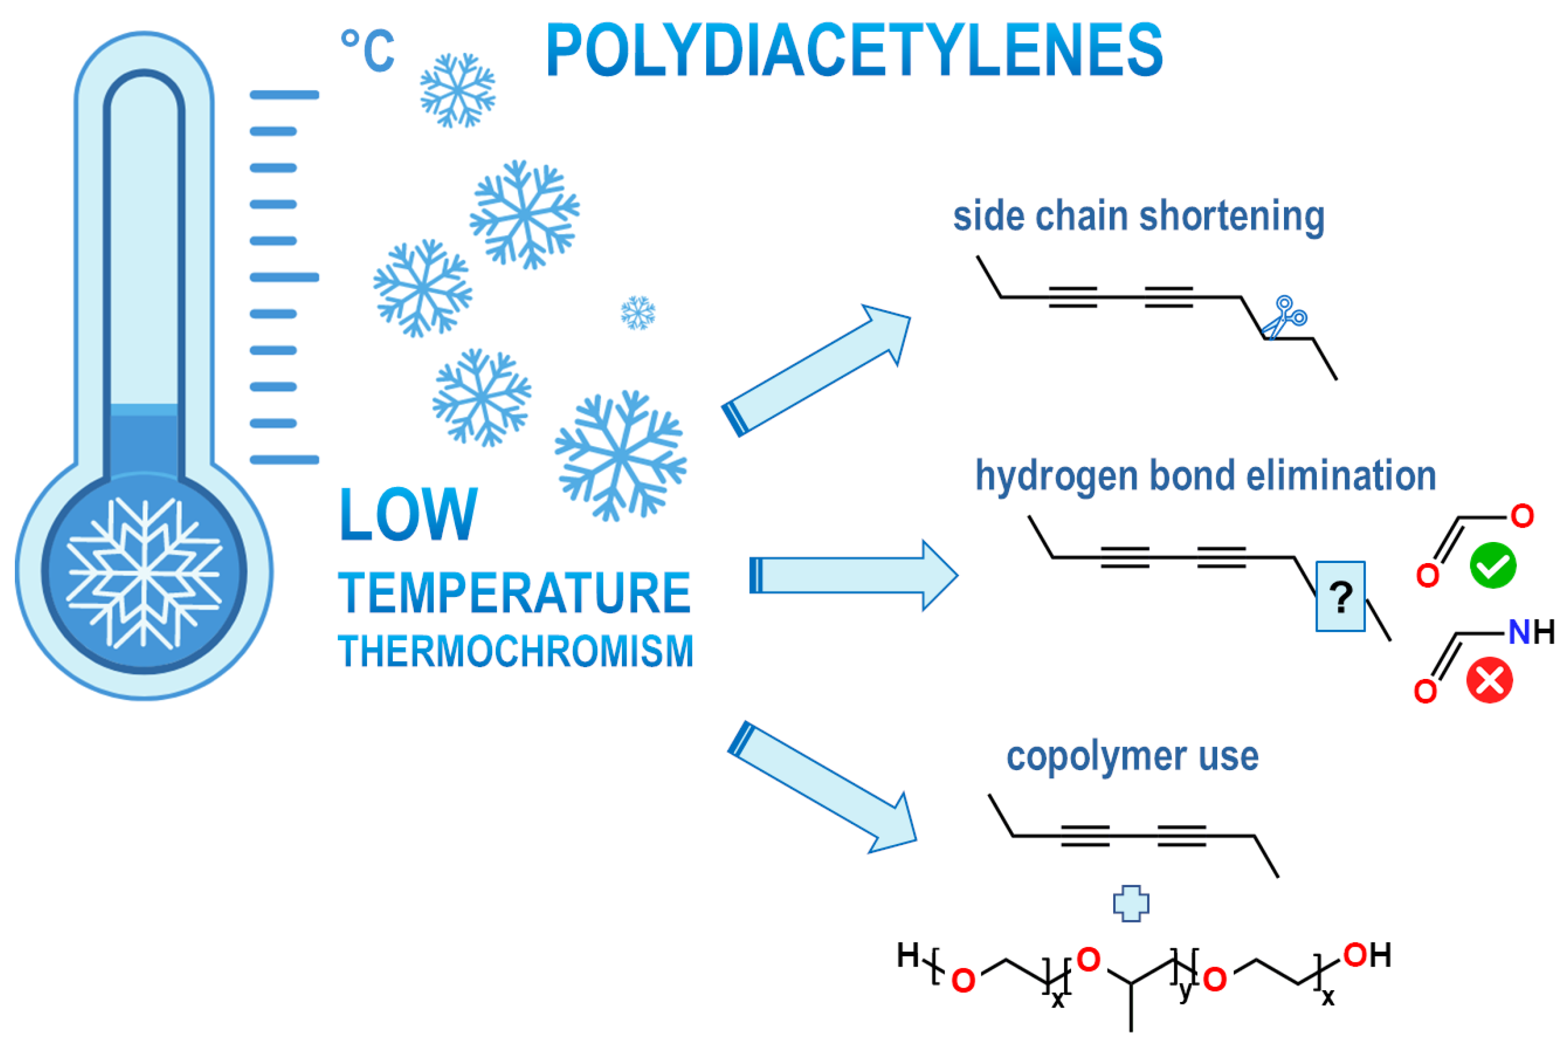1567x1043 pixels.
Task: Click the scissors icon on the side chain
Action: click(1285, 317)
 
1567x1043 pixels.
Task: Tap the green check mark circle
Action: click(1493, 566)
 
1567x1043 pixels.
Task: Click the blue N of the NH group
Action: click(1518, 632)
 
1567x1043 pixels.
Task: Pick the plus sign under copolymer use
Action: click(1131, 904)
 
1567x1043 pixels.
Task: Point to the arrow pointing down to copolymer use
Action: click(822, 788)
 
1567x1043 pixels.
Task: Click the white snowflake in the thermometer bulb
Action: click(144, 572)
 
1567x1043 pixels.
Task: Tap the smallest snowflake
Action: click(638, 313)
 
